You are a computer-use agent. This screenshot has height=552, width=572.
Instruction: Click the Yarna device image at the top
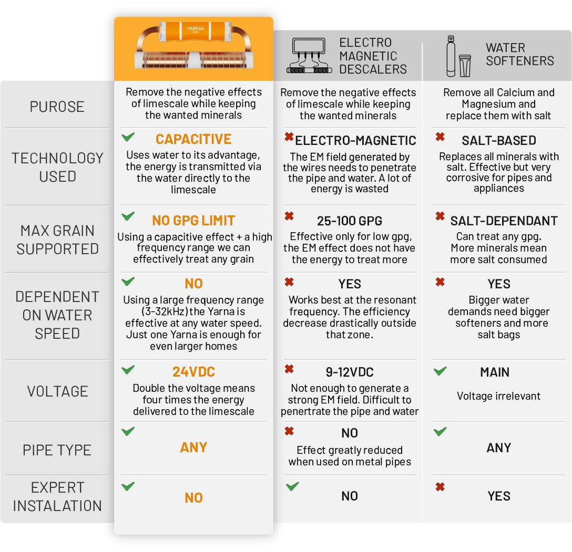tap(193, 48)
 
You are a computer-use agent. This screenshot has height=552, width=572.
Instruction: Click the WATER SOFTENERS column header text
tap(519, 54)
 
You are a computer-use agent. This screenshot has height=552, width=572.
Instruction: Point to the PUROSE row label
tap(57, 107)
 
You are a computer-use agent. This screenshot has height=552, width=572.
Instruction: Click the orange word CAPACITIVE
tap(193, 139)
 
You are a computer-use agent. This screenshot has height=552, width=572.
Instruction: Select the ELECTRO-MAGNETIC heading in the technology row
tap(355, 141)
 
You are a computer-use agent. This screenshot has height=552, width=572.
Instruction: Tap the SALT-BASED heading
tap(499, 141)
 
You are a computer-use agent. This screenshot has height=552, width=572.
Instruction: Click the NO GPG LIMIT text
tap(193, 221)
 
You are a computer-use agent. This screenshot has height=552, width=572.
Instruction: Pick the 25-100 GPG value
tap(350, 221)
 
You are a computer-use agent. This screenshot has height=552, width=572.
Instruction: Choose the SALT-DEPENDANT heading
tap(504, 221)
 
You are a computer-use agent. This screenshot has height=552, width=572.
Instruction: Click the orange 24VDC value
tap(193, 372)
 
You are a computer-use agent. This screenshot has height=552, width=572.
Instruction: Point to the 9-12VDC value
tap(350, 372)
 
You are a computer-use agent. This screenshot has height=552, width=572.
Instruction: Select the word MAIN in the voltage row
tap(495, 372)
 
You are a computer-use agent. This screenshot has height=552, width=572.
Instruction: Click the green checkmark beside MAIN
tap(440, 371)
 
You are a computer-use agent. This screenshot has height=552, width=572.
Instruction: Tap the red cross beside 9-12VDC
tap(289, 369)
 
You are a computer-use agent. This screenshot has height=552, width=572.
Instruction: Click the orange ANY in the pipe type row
tap(193, 447)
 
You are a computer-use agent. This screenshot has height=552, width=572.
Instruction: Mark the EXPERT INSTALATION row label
tap(57, 496)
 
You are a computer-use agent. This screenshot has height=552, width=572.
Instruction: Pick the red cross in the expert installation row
tap(440, 487)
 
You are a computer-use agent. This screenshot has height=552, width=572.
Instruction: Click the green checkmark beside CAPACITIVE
tap(128, 137)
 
